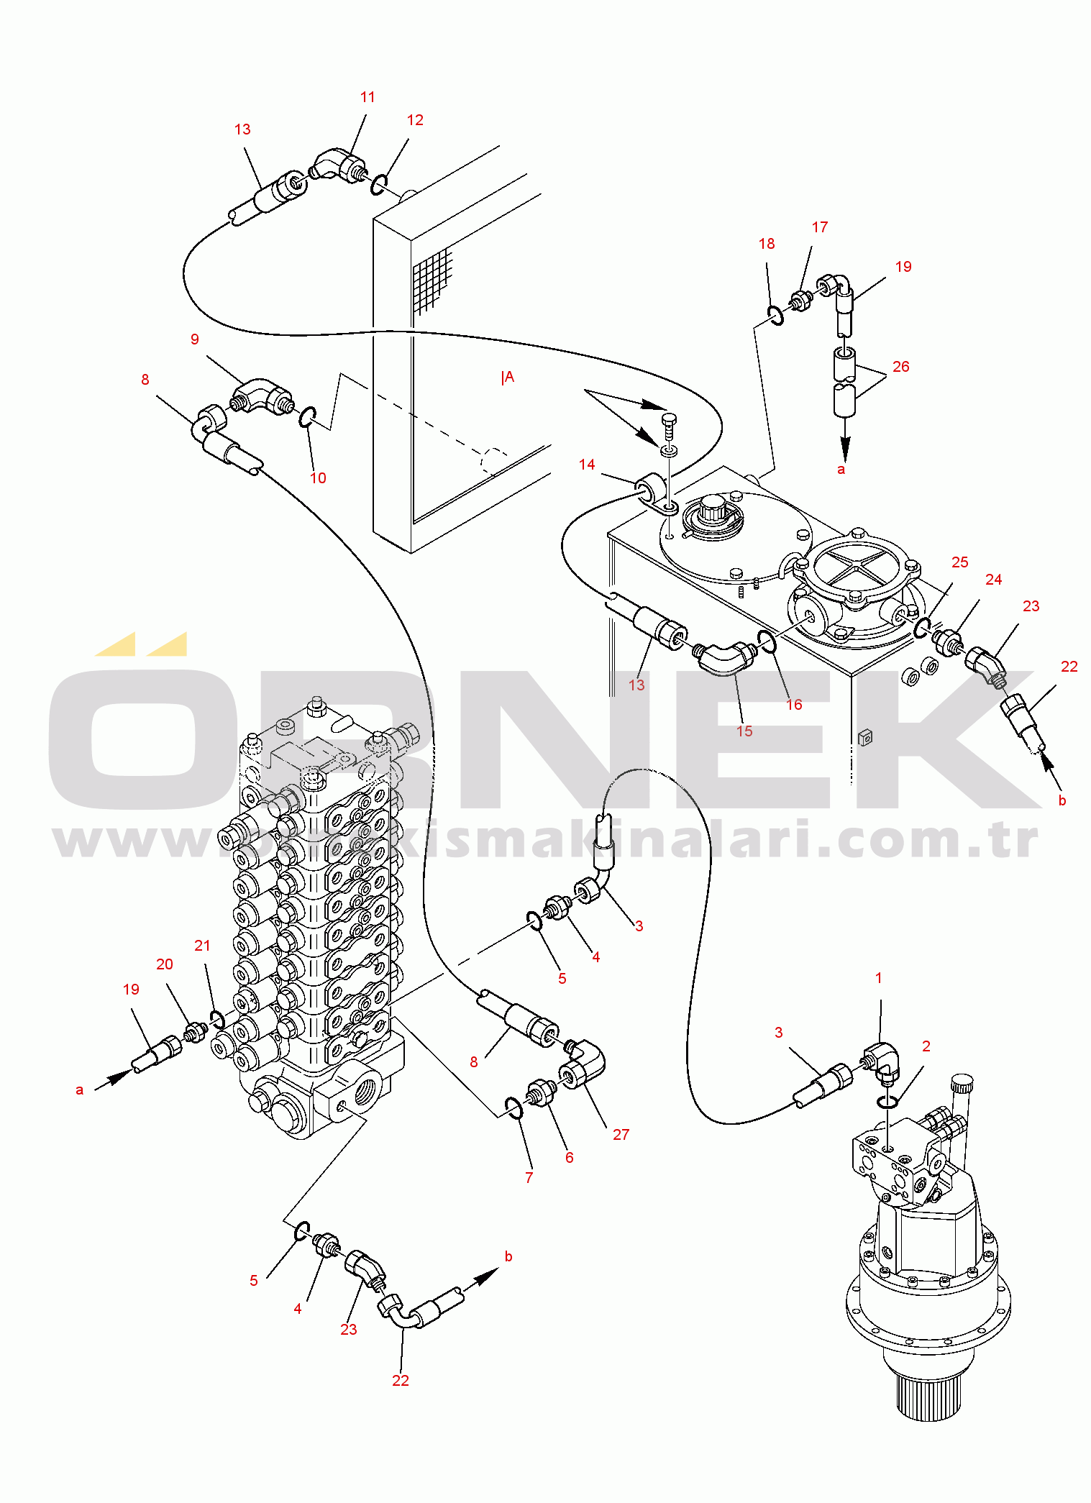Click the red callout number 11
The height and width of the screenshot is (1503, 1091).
(x=368, y=97)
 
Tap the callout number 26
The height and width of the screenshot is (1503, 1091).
(x=900, y=367)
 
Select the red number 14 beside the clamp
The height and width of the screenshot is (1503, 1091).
(x=587, y=465)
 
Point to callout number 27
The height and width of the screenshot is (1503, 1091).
(x=621, y=1134)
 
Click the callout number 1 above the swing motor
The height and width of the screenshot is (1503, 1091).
(x=878, y=978)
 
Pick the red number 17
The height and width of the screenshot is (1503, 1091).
(x=819, y=227)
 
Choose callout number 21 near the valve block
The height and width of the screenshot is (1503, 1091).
(x=202, y=946)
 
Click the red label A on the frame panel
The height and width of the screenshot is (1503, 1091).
(x=508, y=378)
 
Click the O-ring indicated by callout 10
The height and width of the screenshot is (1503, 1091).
(x=308, y=416)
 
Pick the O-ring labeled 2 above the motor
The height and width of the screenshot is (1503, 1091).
(x=887, y=1102)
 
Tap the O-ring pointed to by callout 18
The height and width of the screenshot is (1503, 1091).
(x=775, y=315)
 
